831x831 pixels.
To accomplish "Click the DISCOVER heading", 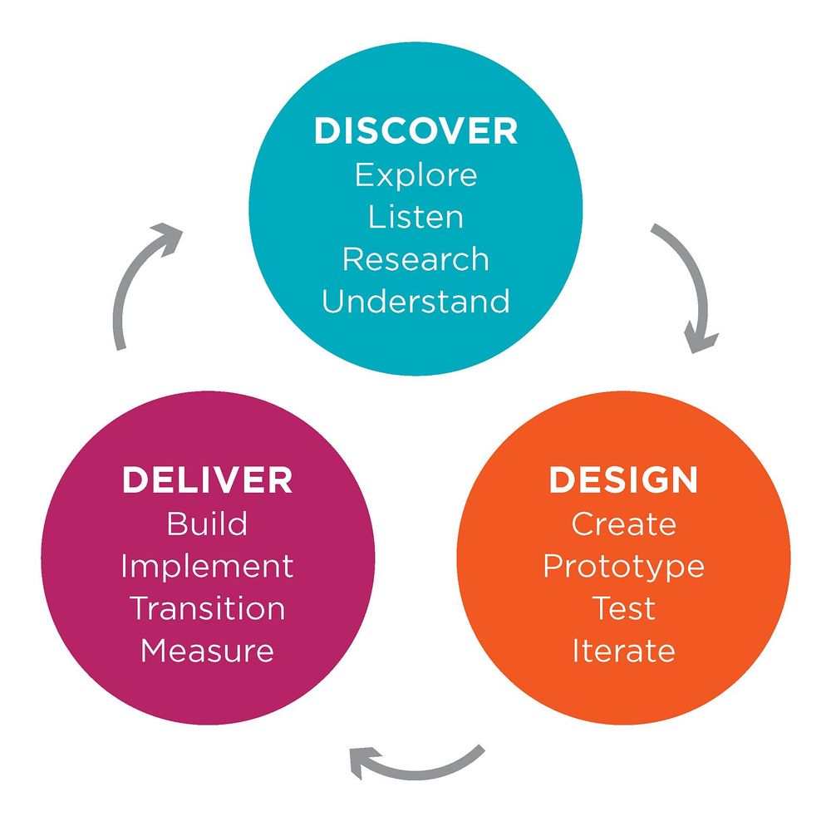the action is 415,130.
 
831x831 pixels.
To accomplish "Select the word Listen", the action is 416,217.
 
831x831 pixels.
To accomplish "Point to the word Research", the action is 416,259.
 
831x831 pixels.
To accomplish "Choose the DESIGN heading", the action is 623,480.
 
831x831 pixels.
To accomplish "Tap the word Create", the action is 624,524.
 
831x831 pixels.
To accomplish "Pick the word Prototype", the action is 624,567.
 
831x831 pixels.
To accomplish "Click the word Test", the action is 624,608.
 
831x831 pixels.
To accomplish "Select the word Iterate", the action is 624,651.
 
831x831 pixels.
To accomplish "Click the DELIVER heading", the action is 207,480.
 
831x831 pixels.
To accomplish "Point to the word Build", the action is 207,524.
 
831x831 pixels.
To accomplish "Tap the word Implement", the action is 207,567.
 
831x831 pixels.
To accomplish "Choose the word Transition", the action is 207,608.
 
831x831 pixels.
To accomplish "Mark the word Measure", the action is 207,651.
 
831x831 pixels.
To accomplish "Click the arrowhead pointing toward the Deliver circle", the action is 363,761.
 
